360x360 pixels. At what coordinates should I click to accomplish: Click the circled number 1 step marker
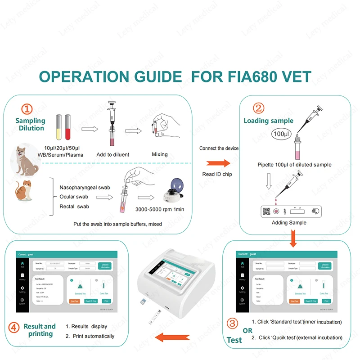point(28,109)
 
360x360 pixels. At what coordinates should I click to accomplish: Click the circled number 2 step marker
point(259,108)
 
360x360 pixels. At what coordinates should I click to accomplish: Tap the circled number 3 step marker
point(233,323)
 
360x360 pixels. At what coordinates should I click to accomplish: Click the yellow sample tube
point(58,127)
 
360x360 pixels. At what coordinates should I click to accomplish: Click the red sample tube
point(68,127)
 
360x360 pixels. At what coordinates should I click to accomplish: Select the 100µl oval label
point(281,134)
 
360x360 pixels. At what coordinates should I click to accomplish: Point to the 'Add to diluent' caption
point(113,154)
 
